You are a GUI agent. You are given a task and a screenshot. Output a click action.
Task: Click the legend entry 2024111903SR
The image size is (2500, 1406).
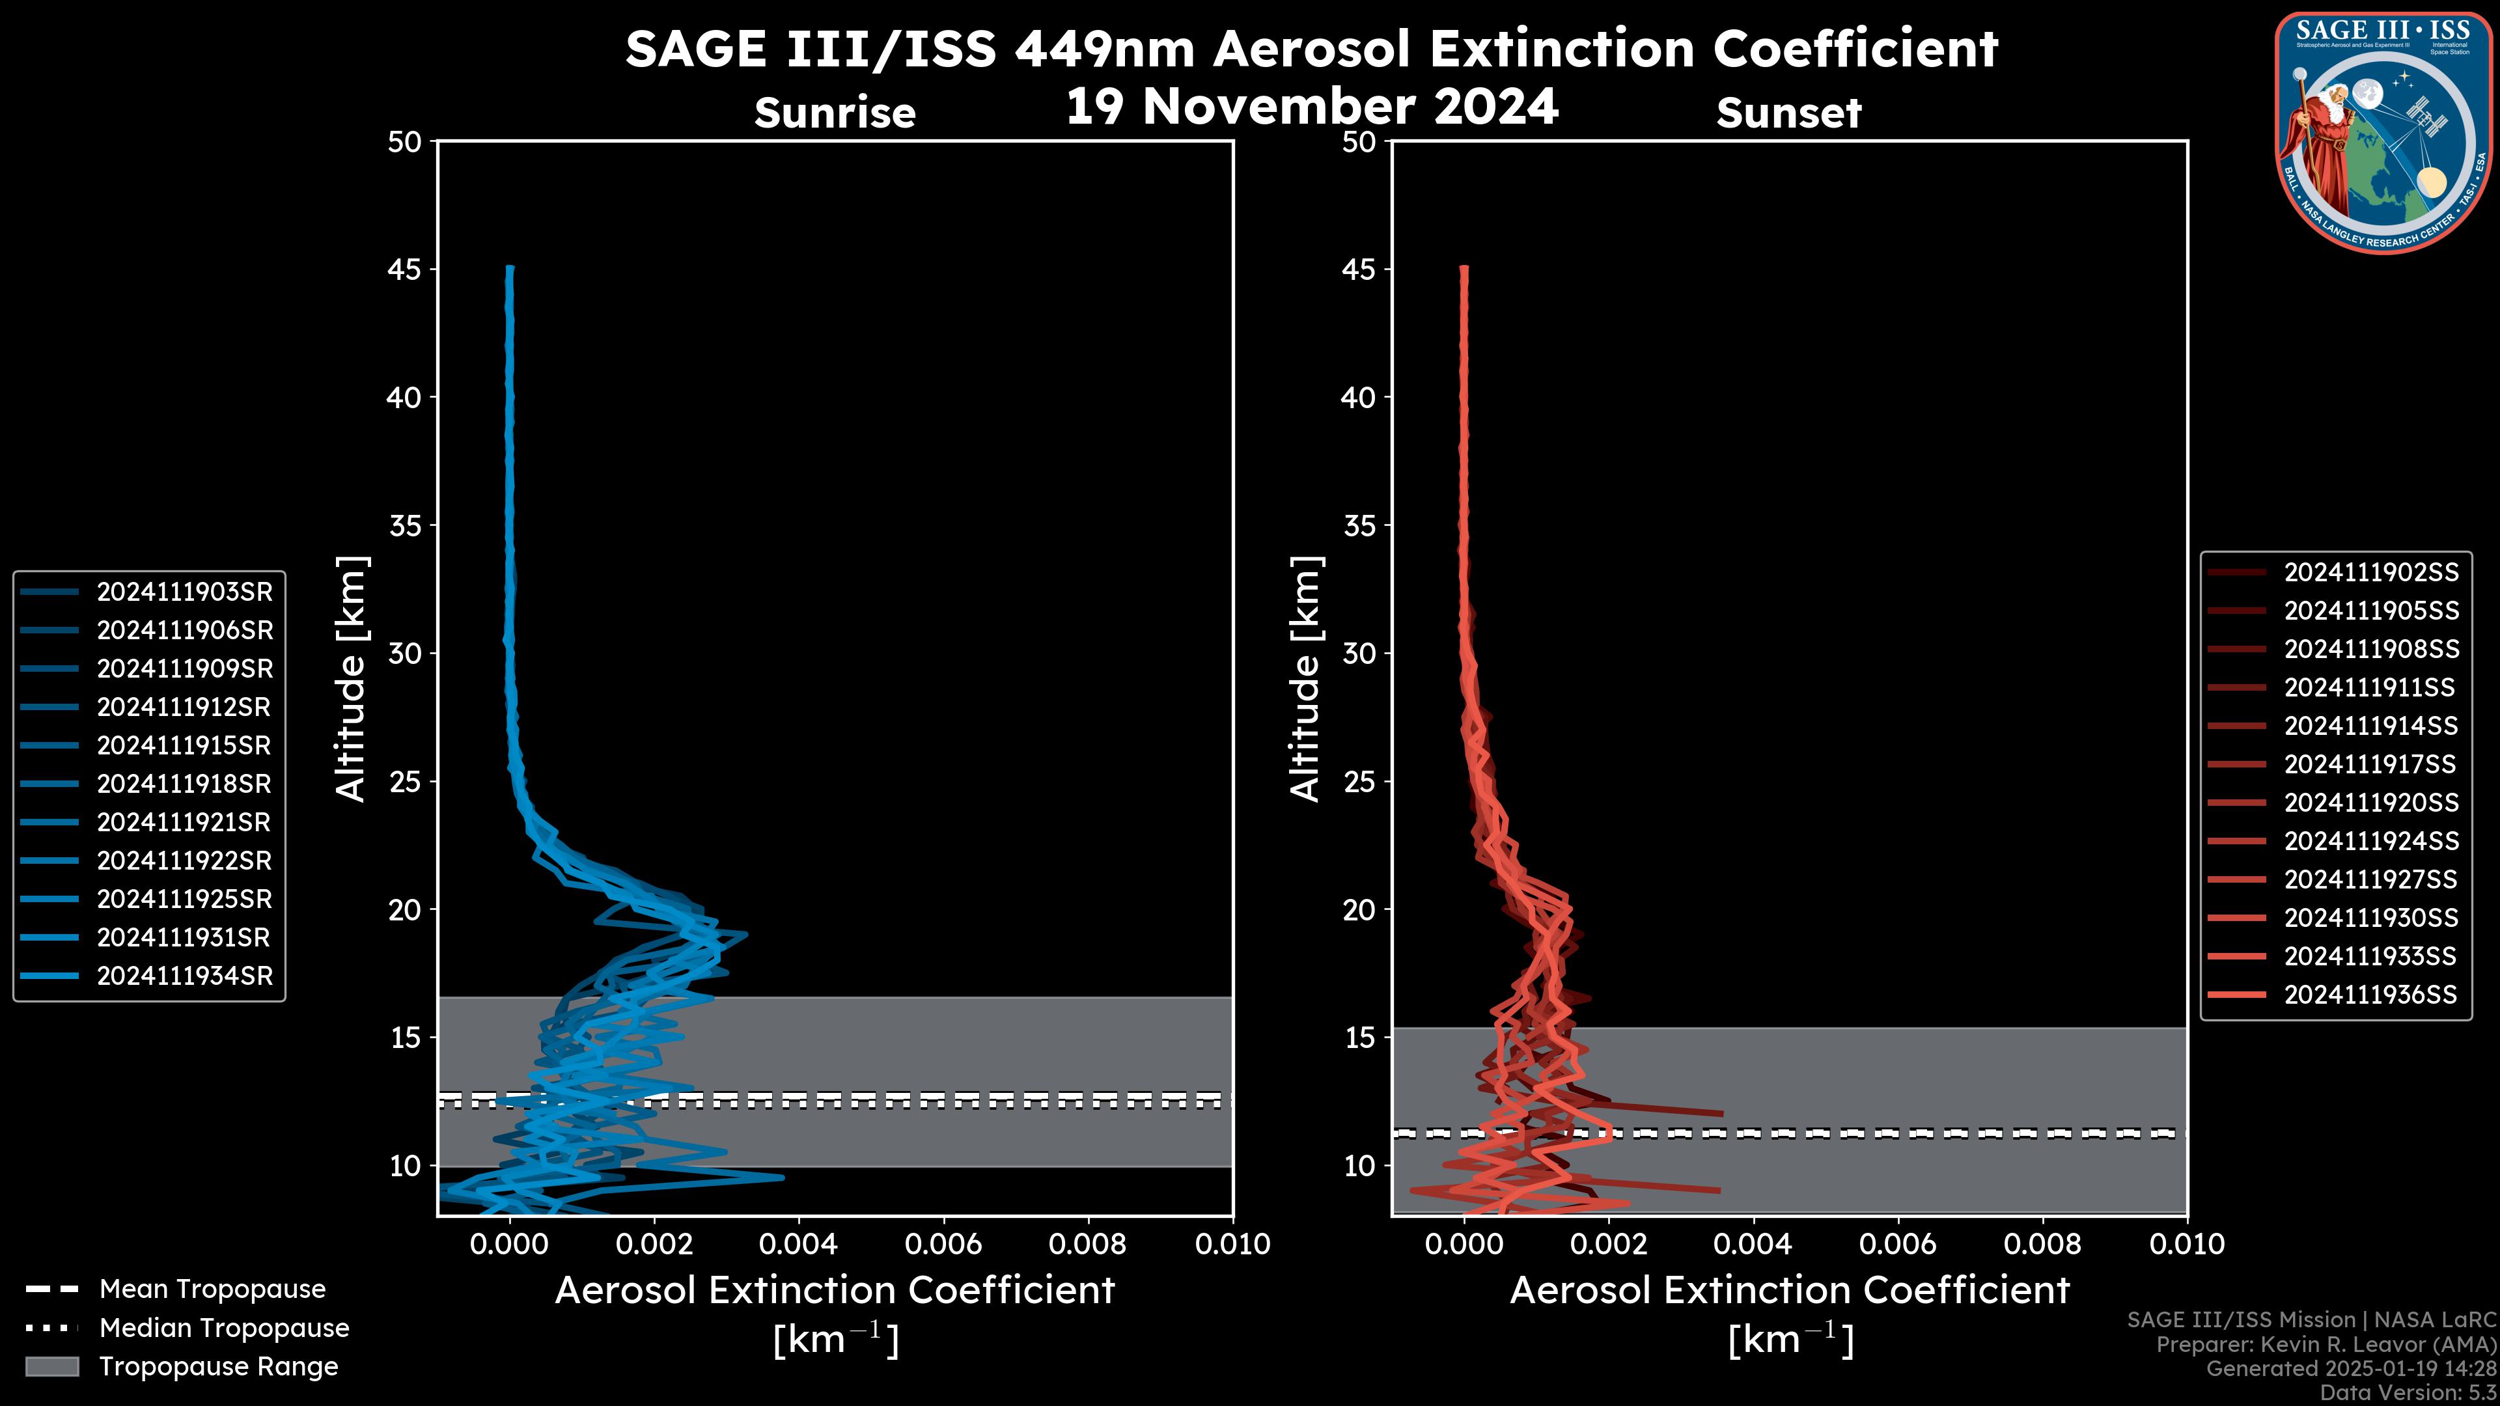(184, 592)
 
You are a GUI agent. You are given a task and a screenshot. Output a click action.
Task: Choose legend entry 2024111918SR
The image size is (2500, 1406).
(184, 784)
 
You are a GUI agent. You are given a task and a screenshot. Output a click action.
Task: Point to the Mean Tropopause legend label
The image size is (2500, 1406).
(212, 1289)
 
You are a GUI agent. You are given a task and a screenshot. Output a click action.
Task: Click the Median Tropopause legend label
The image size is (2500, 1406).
(224, 1327)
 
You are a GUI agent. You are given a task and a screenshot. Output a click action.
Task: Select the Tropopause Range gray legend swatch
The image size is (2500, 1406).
(51, 1366)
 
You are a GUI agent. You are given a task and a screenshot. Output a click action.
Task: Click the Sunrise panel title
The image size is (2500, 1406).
(835, 113)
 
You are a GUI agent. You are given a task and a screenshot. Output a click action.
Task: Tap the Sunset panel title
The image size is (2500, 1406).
(1788, 113)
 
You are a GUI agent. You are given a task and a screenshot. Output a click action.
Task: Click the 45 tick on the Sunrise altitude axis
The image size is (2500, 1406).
(405, 269)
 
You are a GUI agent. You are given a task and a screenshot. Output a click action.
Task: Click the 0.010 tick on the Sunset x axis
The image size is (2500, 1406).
(2187, 1244)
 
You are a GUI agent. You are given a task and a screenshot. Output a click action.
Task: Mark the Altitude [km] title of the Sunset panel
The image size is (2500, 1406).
(1306, 679)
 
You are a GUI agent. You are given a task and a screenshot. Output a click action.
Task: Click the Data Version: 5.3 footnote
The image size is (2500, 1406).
(2408, 1392)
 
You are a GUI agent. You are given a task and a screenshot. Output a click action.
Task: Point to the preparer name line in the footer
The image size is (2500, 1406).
(2326, 1345)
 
